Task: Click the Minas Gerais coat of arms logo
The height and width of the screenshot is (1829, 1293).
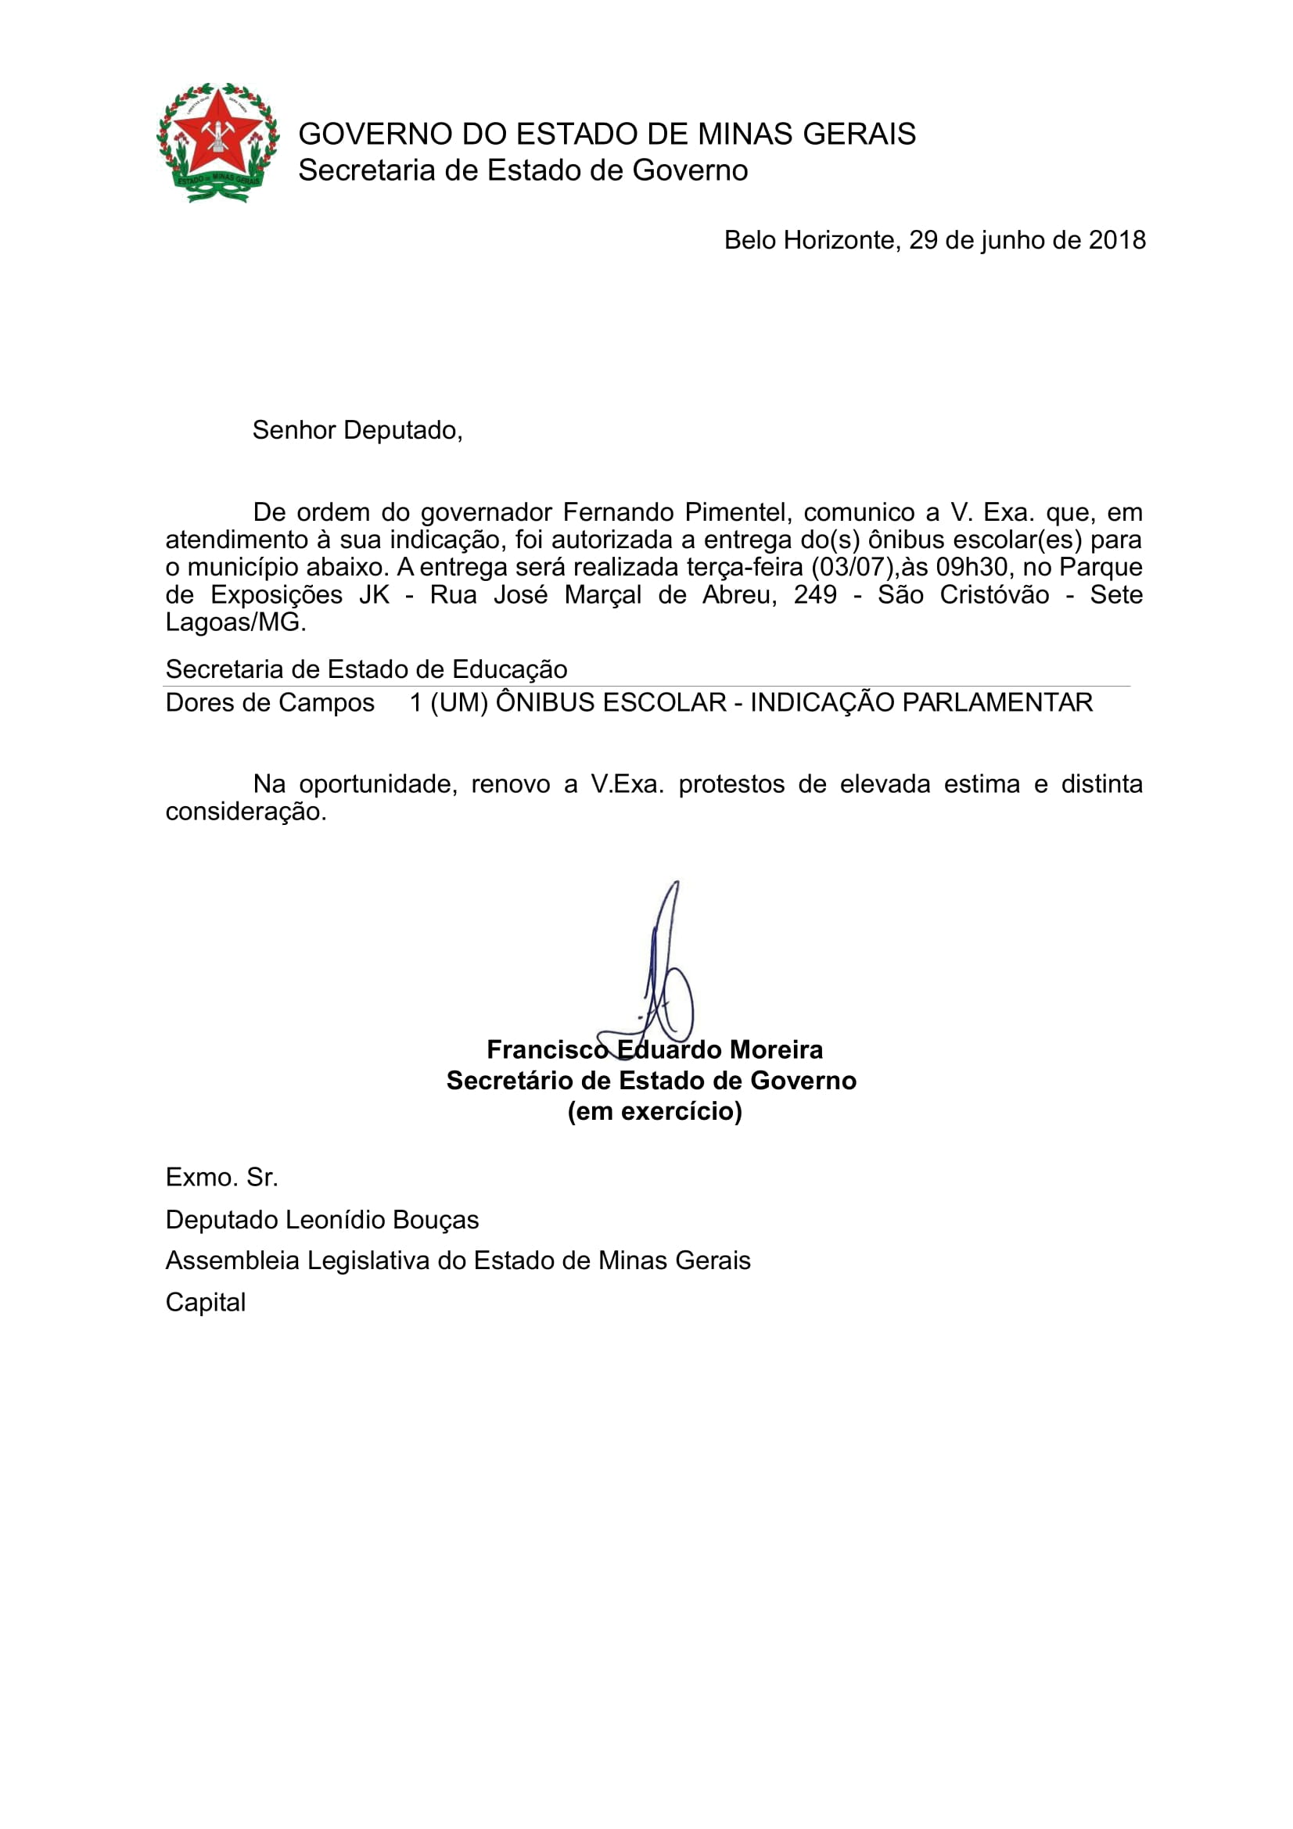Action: click(217, 142)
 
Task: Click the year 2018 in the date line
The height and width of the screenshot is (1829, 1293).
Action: click(1117, 240)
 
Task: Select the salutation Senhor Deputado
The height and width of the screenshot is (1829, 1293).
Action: click(357, 430)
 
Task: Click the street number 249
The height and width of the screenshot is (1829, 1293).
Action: click(815, 595)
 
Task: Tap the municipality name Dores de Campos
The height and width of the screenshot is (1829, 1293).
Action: click(269, 703)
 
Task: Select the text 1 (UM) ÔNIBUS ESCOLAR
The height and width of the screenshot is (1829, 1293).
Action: click(567, 703)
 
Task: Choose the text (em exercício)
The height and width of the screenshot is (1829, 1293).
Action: click(654, 1111)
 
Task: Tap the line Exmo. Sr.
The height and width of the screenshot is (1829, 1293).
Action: click(221, 1178)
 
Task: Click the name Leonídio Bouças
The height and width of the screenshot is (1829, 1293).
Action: click(382, 1220)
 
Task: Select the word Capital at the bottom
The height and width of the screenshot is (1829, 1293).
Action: click(206, 1303)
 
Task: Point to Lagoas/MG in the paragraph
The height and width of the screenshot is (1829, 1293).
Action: click(235, 622)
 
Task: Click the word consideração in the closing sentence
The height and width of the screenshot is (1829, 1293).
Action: click(246, 812)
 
